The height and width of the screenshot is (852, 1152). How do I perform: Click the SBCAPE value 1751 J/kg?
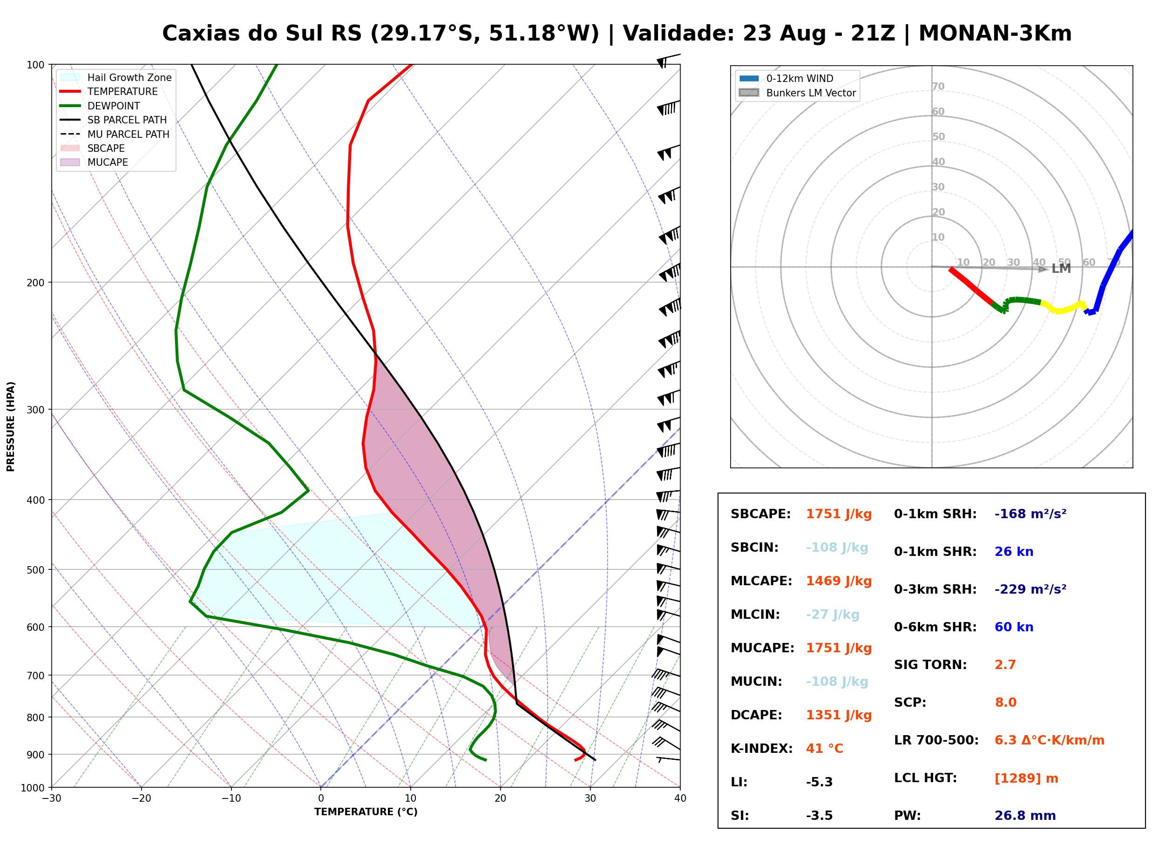tap(839, 514)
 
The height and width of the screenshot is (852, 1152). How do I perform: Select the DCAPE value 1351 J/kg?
tap(839, 715)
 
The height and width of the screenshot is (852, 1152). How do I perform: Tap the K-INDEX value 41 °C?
tap(825, 749)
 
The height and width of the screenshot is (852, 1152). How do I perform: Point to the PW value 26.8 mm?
tap(1025, 816)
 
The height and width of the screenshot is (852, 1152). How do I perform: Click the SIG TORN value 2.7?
tap(1005, 665)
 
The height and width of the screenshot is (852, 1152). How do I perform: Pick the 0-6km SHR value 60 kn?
tap(1014, 627)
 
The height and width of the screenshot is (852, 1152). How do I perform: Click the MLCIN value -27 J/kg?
tap(833, 615)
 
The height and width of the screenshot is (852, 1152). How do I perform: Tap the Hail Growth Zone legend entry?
tap(116, 77)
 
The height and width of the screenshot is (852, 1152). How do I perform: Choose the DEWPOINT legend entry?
tap(100, 106)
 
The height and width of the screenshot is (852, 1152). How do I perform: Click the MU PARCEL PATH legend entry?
tap(115, 134)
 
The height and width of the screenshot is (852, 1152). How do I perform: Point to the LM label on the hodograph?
tap(1061, 269)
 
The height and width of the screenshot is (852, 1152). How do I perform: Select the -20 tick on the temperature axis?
tap(141, 798)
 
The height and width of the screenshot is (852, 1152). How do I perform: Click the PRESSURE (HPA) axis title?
tap(11, 426)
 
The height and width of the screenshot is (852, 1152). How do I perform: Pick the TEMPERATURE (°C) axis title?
tap(366, 812)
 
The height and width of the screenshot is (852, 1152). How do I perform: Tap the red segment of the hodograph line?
tap(970, 286)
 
